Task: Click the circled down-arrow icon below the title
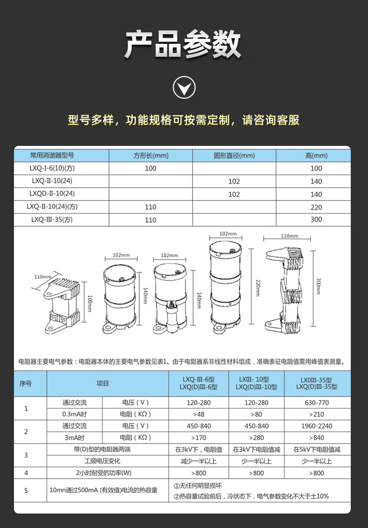(184, 88)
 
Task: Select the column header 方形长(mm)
(151, 156)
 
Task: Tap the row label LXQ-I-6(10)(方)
(52, 168)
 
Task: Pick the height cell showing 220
(316, 207)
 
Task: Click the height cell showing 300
(316, 219)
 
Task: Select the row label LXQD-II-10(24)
(52, 193)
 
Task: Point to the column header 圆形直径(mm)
(234, 156)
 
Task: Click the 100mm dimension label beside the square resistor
(90, 303)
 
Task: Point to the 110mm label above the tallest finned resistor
(290, 236)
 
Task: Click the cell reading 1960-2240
(317, 426)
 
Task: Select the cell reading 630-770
(317, 403)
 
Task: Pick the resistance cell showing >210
(317, 414)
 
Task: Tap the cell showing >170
(198, 438)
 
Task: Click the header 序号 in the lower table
(26, 384)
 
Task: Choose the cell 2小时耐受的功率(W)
(104, 473)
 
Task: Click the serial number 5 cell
(26, 491)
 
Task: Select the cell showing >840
(317, 438)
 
